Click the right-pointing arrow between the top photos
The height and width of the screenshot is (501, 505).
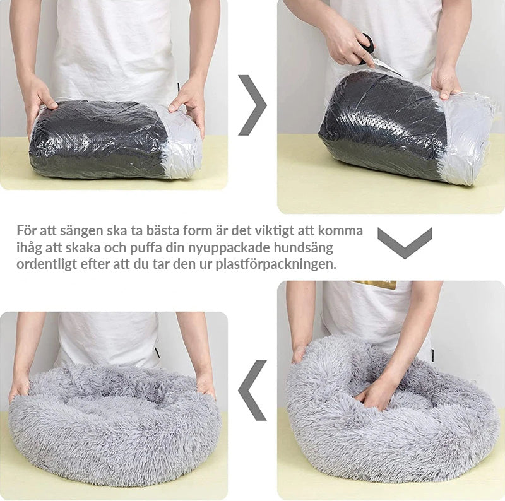[254, 105]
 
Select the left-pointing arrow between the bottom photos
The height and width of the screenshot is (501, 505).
[251, 390]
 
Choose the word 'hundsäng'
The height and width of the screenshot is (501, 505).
[304, 248]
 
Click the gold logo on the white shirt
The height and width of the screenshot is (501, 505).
[374, 285]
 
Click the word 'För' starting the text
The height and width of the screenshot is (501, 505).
[26, 231]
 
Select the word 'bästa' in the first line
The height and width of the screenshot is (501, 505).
[163, 231]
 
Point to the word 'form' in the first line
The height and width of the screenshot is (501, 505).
[198, 231]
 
